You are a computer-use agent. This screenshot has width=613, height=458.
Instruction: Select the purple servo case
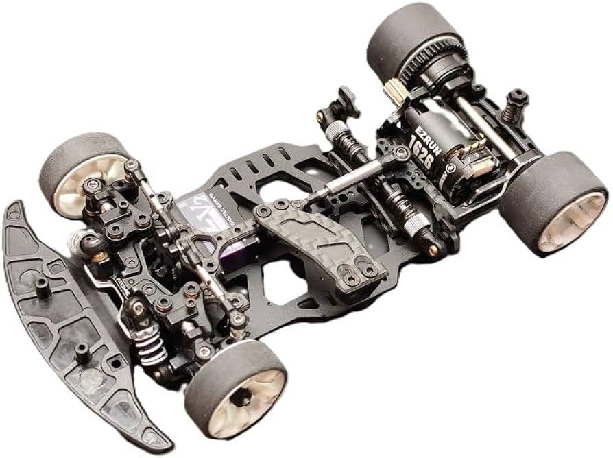[x=218, y=240]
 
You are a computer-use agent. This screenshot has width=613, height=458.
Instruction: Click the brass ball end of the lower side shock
[x=431, y=250]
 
